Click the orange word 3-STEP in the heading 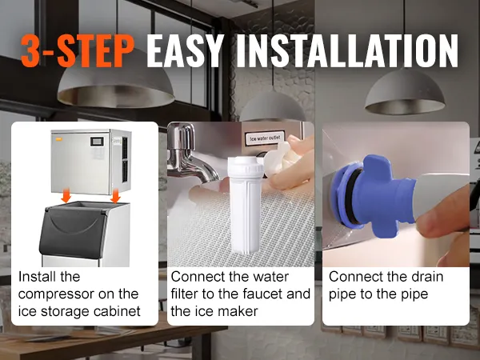[78, 51]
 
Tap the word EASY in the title [184, 50]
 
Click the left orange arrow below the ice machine [66, 196]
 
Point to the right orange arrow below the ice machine [115, 196]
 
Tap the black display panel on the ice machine [97, 142]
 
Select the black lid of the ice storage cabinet [72, 231]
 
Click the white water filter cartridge [246, 205]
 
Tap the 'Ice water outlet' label [265, 138]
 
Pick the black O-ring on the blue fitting [352, 195]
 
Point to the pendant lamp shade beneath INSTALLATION [405, 94]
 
